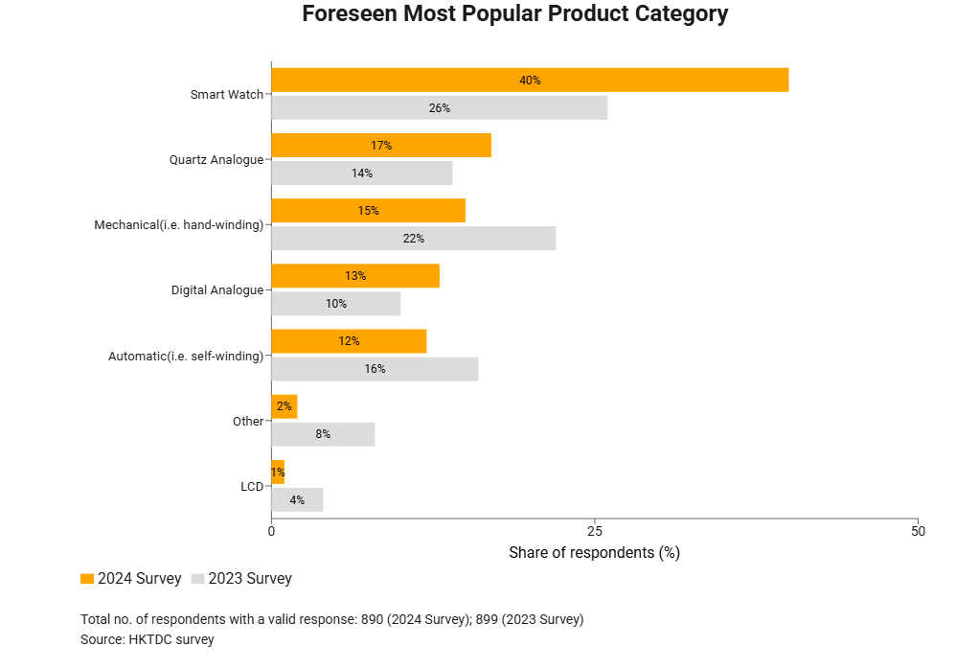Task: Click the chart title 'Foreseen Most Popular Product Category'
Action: pos(515,14)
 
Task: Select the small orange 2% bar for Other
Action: pos(284,406)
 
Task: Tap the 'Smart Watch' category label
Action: pos(226,95)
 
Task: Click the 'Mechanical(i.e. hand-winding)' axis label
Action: pos(178,225)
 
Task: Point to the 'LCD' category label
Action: pos(252,487)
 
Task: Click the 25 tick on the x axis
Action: pos(595,531)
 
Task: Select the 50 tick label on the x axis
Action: pos(918,531)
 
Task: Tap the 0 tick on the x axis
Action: pos(272,531)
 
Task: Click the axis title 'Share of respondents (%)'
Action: pos(594,553)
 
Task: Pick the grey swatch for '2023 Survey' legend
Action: pos(198,579)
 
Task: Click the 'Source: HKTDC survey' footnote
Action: pos(148,639)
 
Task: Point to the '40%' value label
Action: pos(530,81)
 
